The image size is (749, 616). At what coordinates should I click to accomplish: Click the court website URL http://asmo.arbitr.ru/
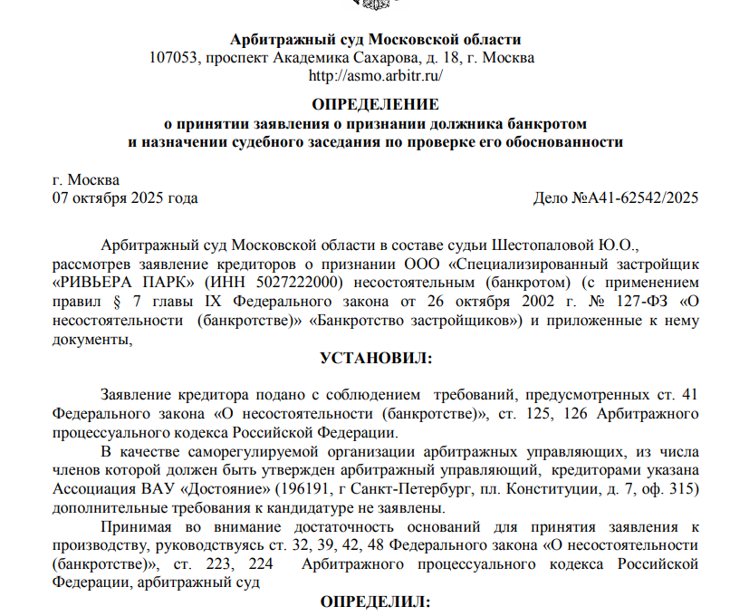tap(375, 75)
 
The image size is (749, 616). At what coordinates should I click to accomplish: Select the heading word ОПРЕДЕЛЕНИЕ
tap(375, 103)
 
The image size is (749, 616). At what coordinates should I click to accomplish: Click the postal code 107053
tap(174, 58)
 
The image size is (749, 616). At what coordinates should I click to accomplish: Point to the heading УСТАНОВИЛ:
tap(376, 359)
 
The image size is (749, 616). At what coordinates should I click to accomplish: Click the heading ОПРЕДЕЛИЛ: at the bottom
tap(376, 602)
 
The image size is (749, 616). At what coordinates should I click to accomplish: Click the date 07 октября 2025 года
tap(126, 197)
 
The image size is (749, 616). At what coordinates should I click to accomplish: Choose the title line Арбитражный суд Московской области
tap(376, 40)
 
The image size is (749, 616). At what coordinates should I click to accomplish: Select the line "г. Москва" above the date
tap(87, 179)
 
